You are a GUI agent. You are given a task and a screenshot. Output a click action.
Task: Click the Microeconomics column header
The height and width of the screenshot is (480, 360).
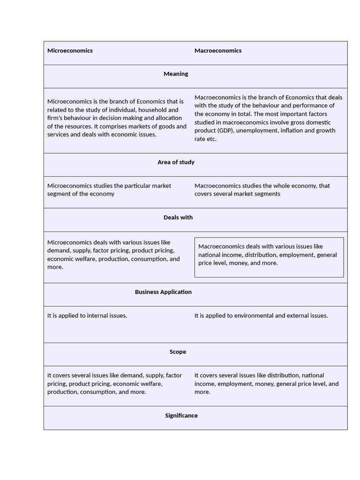coord(70,51)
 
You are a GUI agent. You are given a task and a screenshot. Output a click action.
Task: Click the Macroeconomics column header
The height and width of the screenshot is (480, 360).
coord(218,51)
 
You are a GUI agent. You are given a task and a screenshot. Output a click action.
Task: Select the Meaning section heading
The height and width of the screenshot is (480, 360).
coord(176,74)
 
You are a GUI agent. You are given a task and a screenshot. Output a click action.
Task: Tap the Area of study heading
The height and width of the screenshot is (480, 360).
coord(176,162)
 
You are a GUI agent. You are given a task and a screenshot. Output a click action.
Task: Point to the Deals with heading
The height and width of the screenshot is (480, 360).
coord(178,217)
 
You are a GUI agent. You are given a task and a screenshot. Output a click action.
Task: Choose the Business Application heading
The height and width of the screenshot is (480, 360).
coord(163,292)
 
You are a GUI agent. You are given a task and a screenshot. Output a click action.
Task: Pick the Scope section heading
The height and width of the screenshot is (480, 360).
coord(178,352)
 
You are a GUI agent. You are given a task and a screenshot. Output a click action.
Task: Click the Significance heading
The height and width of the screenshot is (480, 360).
coord(181,416)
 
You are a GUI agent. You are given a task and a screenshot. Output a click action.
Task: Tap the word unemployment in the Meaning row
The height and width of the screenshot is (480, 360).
coord(256,130)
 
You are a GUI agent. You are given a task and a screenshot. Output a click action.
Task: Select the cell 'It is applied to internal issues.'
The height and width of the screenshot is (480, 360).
coord(87,315)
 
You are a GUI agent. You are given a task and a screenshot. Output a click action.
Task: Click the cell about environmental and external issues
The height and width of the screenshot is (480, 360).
coord(261,315)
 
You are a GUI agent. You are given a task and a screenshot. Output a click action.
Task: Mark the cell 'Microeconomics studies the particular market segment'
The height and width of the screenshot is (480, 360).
coord(109,190)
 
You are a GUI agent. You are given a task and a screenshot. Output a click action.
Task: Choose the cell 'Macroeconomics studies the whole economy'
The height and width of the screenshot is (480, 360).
coord(262,190)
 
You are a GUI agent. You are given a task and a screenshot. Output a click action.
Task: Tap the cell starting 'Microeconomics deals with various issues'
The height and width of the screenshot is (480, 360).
coord(113,255)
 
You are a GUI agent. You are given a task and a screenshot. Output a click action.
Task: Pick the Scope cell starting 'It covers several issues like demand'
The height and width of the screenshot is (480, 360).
coord(114,383)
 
